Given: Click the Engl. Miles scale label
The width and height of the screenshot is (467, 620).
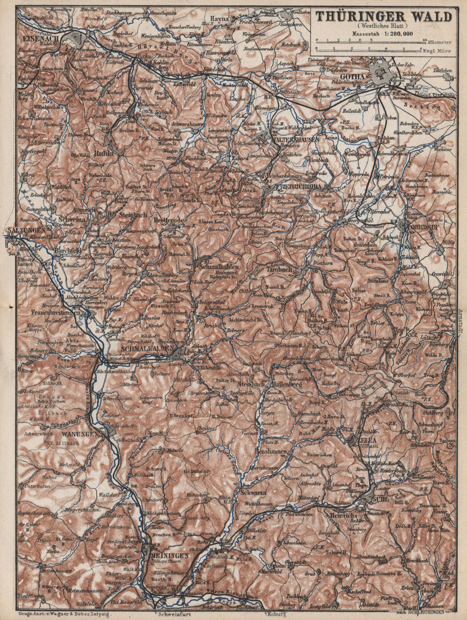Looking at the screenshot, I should tap(437, 50).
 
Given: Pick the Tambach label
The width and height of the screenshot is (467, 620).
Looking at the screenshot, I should tap(279, 269).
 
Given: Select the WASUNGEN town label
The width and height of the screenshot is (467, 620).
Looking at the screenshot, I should tap(79, 433).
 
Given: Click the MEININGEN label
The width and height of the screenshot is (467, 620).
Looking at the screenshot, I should tap(170, 556).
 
